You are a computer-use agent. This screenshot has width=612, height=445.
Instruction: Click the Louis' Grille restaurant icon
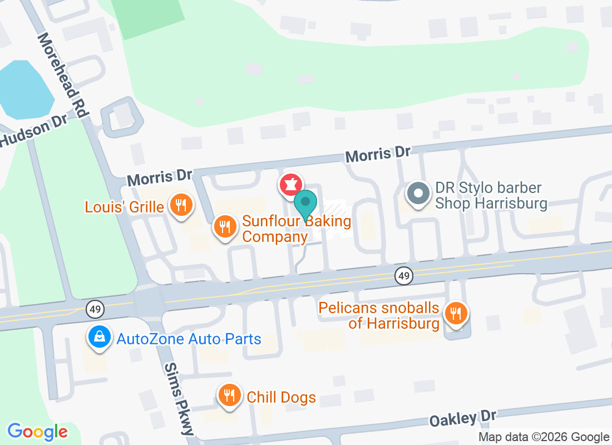tap(180, 206)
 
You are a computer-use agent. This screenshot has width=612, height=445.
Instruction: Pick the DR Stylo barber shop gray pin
tap(418, 194)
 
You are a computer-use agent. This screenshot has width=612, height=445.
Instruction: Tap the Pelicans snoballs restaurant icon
tap(456, 314)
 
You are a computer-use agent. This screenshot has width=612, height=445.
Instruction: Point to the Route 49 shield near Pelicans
tap(404, 275)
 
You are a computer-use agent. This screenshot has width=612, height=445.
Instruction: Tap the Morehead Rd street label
tap(63, 75)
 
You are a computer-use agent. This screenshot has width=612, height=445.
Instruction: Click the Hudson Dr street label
tap(33, 131)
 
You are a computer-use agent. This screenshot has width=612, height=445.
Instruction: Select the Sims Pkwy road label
tap(179, 398)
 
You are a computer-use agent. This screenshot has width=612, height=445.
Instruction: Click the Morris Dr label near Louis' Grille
tap(159, 177)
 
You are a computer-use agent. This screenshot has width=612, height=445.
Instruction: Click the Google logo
tap(38, 431)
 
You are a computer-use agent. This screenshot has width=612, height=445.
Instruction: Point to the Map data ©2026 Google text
tap(544, 437)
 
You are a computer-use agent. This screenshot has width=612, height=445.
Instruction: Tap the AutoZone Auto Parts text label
tap(189, 338)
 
